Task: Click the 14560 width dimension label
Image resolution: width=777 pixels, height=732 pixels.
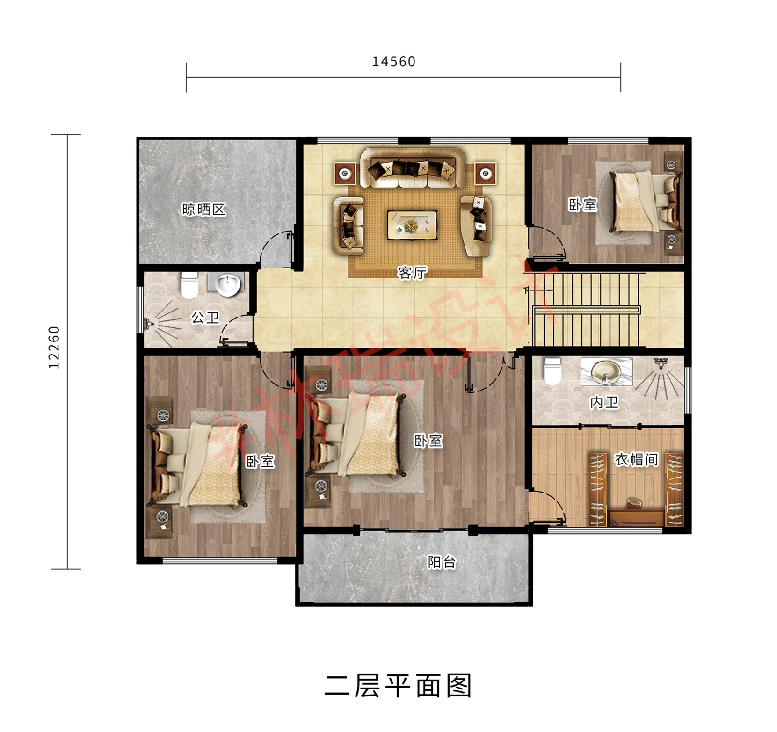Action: [393, 62]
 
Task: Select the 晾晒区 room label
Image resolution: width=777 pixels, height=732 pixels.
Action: [203, 209]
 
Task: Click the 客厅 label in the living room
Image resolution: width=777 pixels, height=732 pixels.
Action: [412, 272]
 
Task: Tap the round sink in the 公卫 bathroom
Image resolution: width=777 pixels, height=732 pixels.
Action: [228, 284]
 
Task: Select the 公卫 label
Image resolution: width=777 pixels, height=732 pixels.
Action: [205, 318]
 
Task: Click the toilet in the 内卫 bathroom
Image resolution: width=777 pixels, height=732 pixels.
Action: [552, 371]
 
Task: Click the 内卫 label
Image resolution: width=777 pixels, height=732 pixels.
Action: [604, 402]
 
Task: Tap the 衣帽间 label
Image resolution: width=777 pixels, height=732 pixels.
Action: [636, 460]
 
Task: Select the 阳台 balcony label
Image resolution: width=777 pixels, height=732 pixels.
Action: [441, 562]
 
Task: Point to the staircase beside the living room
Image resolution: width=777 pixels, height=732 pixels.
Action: [587, 309]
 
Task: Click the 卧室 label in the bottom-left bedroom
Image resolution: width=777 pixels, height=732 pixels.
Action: [260, 461]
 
